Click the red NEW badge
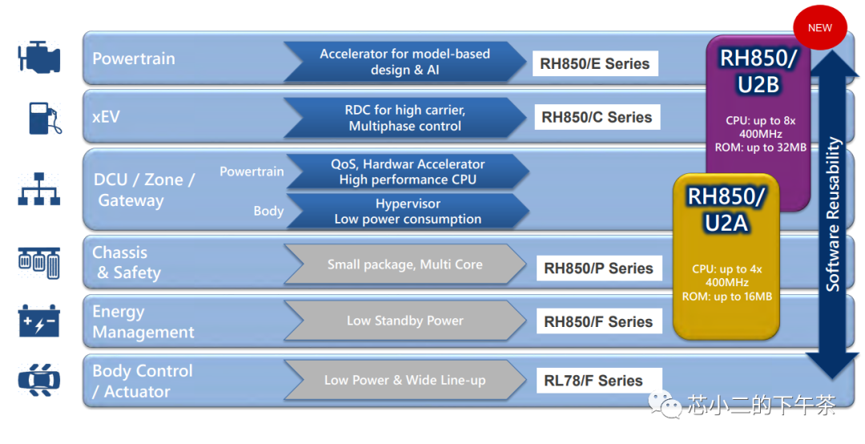point(819,27)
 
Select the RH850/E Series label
point(594,64)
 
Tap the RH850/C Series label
point(597,117)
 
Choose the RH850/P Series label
point(598,268)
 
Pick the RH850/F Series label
point(598,321)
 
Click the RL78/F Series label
point(593,381)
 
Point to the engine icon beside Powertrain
point(38,59)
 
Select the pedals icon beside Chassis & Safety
point(38,263)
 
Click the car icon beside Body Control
point(38,381)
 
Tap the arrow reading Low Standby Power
point(404,321)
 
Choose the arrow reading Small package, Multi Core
point(404,264)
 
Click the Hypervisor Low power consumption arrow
point(407,211)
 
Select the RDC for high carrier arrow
point(404,118)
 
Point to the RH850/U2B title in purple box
point(758,71)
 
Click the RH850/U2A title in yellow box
point(726,209)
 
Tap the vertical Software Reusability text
point(834,214)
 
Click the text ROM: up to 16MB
point(726,297)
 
